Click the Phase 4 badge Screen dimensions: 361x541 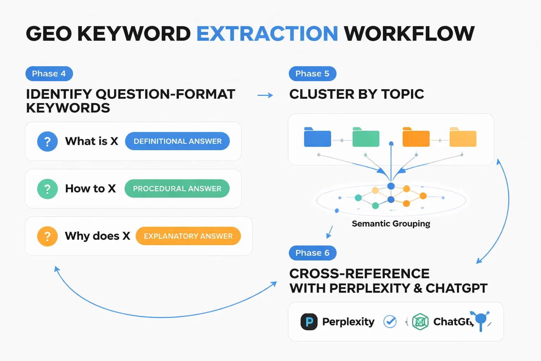click(49, 74)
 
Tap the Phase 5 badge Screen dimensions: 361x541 click(312, 74)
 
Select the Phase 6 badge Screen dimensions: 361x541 click(312, 253)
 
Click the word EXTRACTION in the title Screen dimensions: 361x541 click(267, 34)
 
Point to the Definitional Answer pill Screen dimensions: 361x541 click(178, 141)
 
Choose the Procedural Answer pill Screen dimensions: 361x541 click(177, 189)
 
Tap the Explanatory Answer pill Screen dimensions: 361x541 click(188, 236)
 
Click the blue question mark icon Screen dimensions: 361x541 click(48, 142)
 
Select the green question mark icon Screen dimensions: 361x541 click(48, 189)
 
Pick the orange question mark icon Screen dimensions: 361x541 click(48, 236)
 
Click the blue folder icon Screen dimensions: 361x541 click(317, 137)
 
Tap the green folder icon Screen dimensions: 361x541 click(366, 137)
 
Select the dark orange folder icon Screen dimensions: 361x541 click(416, 137)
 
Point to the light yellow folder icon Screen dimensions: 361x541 click(463, 137)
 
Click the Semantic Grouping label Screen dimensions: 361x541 click(391, 224)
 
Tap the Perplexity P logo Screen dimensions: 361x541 click(309, 322)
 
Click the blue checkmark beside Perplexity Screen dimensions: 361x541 click(390, 322)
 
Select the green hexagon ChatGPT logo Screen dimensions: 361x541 click(420, 322)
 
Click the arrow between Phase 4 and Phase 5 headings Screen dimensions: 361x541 click(265, 95)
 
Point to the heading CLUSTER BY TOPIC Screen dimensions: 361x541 click(356, 94)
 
